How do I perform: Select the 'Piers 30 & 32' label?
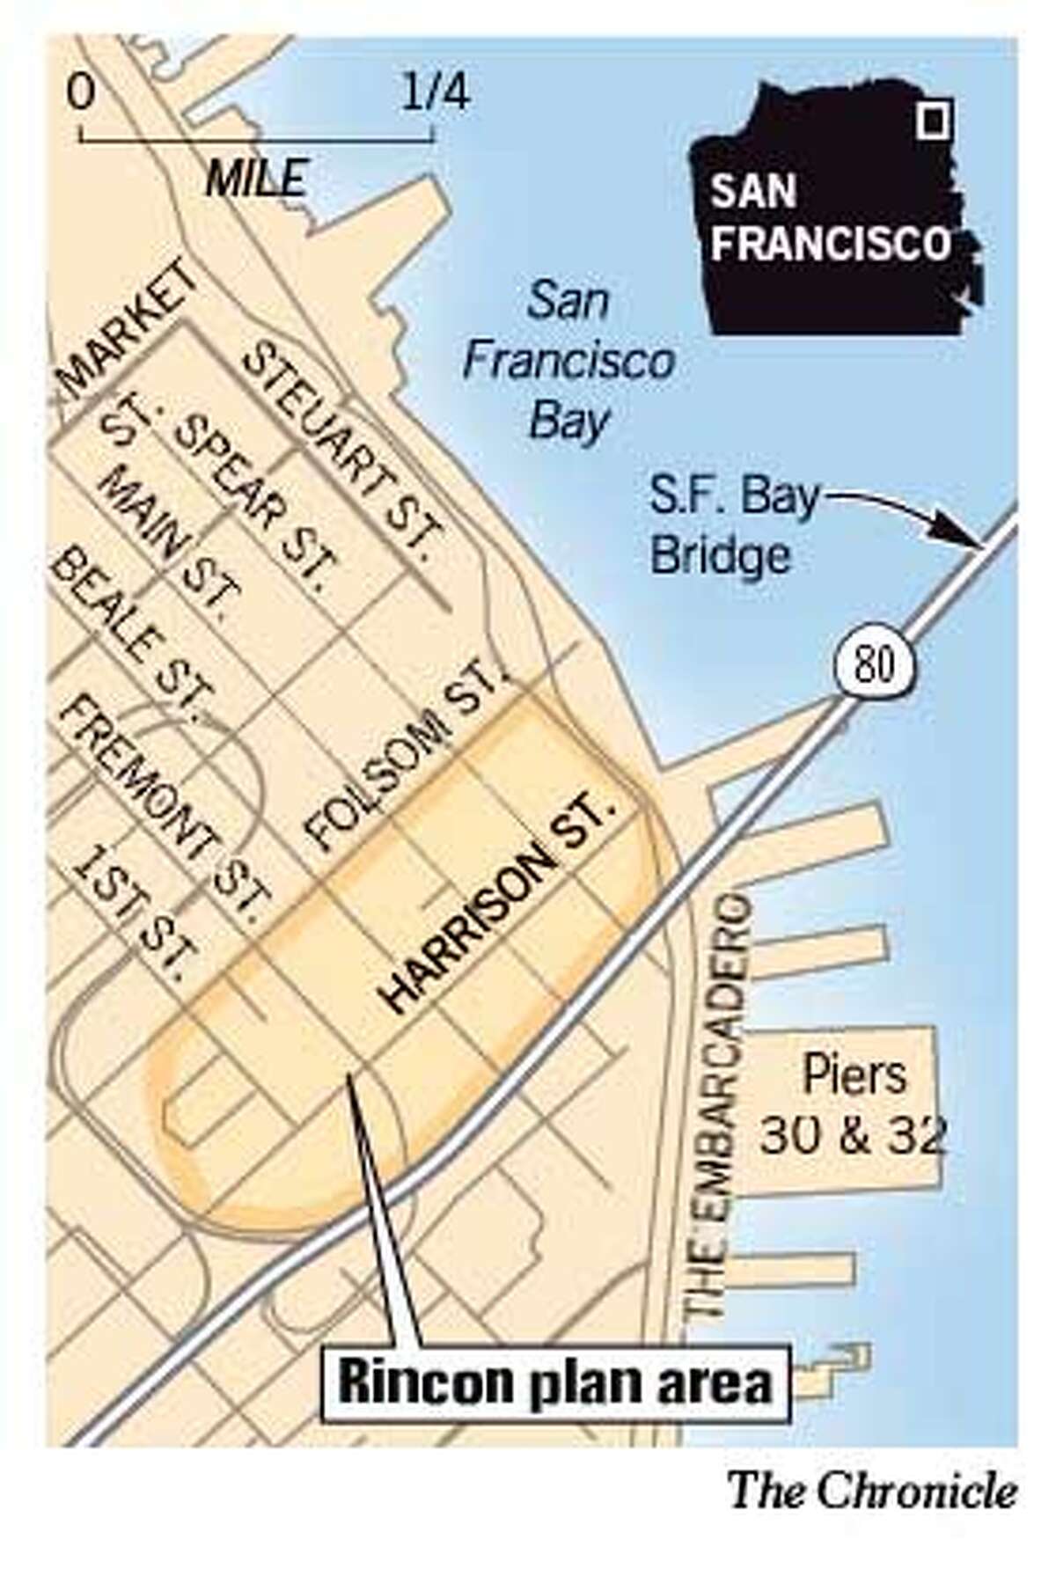(853, 1105)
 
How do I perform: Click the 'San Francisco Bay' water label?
(568, 362)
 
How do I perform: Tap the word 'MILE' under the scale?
(256, 180)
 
